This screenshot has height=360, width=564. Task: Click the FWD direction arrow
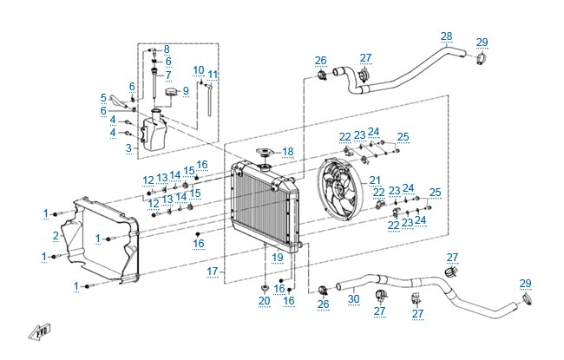(40, 332)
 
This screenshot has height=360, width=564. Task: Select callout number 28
(446, 36)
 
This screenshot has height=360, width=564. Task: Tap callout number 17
(213, 272)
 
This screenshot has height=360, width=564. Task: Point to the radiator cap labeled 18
(266, 152)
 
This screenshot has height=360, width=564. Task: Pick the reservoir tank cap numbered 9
(171, 92)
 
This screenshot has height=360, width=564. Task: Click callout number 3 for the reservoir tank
(128, 147)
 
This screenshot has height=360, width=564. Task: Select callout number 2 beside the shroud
(56, 236)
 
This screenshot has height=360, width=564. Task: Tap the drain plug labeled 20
(265, 288)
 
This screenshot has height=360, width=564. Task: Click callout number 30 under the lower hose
(354, 299)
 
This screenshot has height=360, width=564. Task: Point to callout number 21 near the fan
(375, 180)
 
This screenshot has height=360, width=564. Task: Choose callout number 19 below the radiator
(278, 258)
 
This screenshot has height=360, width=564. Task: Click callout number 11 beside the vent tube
(213, 75)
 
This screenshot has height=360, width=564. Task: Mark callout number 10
(199, 70)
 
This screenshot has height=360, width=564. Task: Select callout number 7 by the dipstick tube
(168, 75)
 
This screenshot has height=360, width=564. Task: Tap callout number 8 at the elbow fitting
(167, 49)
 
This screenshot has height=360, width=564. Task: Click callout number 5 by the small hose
(103, 98)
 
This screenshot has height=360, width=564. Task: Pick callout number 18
(288, 152)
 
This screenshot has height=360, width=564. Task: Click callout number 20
(265, 301)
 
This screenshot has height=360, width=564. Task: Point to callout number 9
(186, 90)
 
